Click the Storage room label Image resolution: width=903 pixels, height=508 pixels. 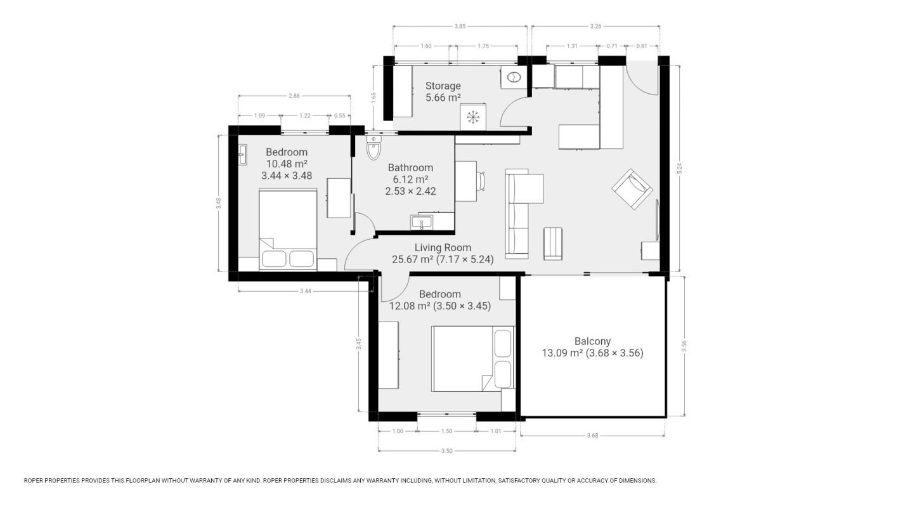point(443,86)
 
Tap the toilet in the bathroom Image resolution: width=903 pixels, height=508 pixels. point(374,148)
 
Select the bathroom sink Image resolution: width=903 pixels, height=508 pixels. point(421,223)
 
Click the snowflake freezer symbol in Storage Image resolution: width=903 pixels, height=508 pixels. point(473,117)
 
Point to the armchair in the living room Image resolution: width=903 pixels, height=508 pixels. point(632,189)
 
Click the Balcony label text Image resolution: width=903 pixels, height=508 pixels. point(592,341)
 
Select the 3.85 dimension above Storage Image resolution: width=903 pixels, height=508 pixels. point(460,26)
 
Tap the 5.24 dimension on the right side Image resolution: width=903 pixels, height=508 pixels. point(680,169)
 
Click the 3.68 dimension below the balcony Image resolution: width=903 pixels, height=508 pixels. point(592,436)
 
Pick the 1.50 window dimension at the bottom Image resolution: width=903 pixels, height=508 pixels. point(446,431)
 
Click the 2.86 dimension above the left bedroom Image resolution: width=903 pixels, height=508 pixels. point(294,96)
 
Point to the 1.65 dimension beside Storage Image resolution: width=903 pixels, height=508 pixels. point(374,98)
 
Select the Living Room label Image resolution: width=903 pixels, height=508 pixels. point(443,247)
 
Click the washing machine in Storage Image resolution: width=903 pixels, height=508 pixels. point(514,77)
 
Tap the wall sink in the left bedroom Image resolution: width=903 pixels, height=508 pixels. point(242,155)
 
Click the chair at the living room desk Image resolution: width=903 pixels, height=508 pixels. point(481,181)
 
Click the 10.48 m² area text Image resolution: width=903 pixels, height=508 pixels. point(287,164)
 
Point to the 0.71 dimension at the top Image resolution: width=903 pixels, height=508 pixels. point(612,46)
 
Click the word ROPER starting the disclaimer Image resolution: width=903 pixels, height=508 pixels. point(34,481)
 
